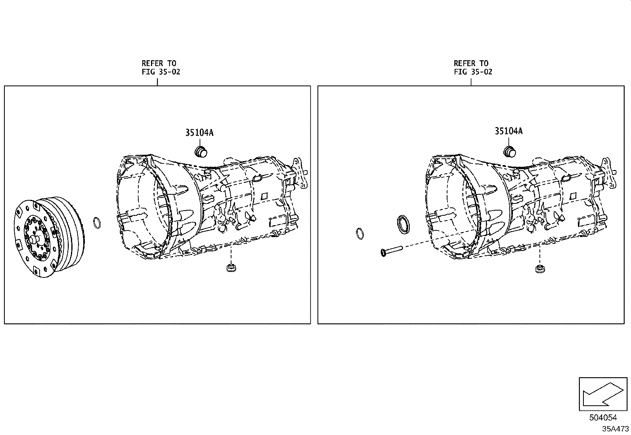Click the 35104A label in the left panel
(199, 133)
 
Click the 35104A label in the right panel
(509, 131)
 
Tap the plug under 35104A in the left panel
(201, 152)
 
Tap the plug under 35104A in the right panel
(510, 152)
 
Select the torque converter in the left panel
(50, 237)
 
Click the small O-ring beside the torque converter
(97, 222)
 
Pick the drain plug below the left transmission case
(231, 268)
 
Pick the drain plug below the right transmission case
(540, 269)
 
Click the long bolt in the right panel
(392, 251)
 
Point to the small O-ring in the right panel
(360, 234)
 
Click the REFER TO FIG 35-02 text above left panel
(161, 68)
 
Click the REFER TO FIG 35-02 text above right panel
(473, 68)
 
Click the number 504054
(603, 418)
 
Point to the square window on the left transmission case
(264, 196)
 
